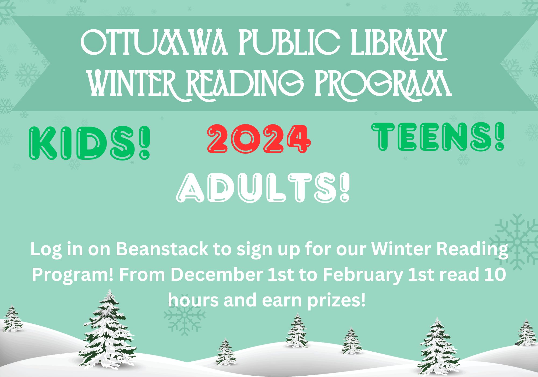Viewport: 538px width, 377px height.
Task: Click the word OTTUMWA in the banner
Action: point(155,43)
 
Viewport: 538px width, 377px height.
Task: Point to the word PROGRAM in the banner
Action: point(383,83)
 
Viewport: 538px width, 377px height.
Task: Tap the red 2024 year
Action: point(259,139)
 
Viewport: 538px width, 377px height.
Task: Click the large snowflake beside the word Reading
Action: point(515,242)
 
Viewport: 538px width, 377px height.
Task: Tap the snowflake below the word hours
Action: point(185,315)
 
